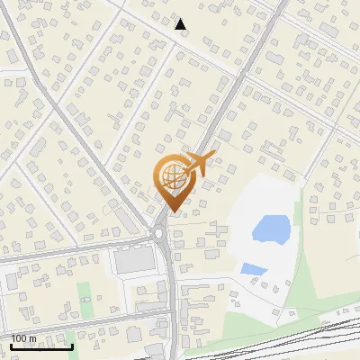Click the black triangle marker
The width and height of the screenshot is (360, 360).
[181, 24]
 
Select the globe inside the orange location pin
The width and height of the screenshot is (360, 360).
[172, 177]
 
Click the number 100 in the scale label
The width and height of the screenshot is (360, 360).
[20, 338]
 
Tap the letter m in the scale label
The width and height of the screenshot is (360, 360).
[33, 338]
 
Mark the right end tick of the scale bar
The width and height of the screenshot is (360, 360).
[72, 345]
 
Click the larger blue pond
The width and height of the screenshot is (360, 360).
[271, 229]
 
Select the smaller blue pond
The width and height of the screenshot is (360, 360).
[253, 268]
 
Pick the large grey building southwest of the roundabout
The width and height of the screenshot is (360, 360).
[133, 261]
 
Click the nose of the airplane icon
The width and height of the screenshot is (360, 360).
[214, 156]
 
